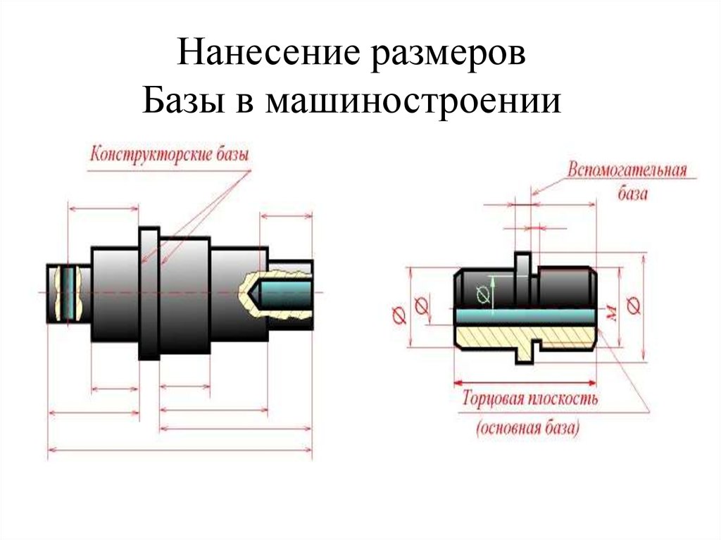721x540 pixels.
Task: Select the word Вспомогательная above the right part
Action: click(x=626, y=172)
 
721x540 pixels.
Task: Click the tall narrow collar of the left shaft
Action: click(x=149, y=292)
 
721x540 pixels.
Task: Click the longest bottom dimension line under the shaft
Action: click(x=180, y=450)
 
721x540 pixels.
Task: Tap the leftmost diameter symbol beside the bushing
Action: click(x=398, y=315)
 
